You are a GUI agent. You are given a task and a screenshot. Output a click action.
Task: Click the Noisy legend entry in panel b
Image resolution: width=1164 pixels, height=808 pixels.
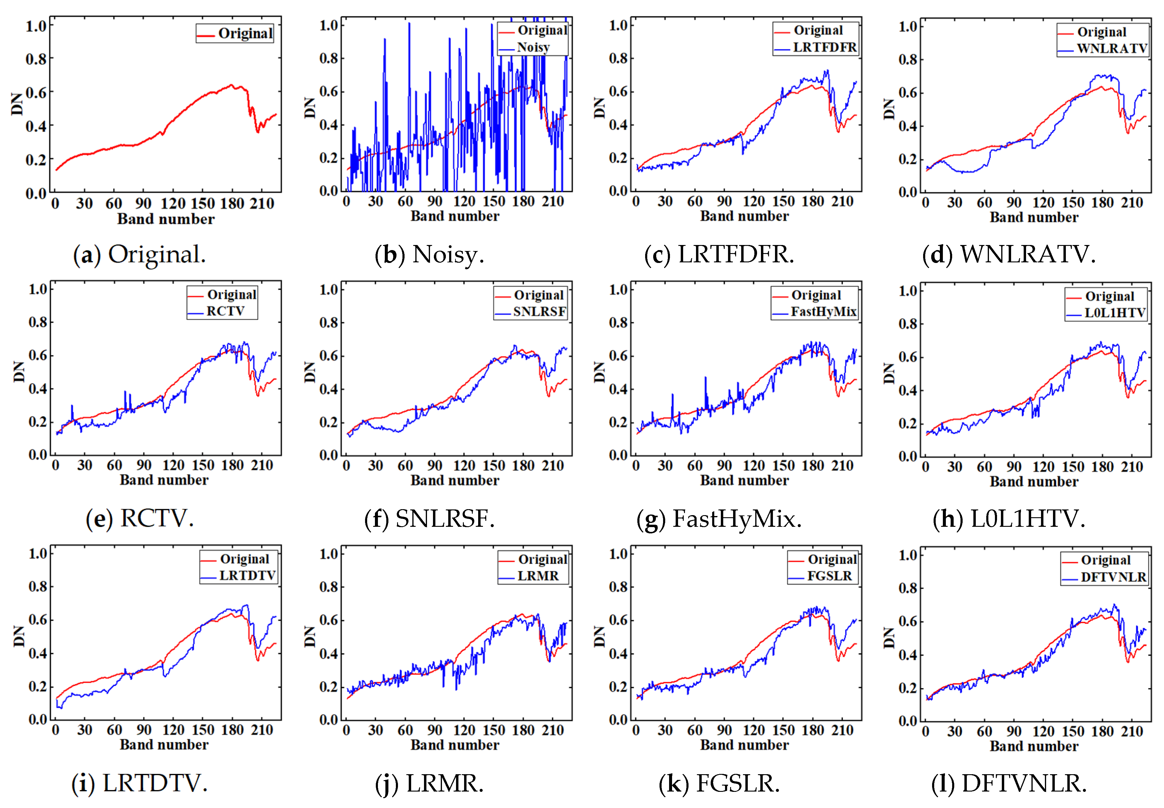coord(533,47)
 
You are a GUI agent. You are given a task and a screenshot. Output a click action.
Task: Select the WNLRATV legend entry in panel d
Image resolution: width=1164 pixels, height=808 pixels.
coord(1111,48)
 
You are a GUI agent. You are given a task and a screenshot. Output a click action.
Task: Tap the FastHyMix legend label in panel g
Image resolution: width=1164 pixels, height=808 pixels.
coord(823,311)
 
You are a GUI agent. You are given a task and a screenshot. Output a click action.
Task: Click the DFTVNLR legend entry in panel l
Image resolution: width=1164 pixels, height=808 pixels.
coord(1113,577)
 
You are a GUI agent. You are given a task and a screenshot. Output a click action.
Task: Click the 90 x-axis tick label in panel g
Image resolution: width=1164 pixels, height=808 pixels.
coord(724,466)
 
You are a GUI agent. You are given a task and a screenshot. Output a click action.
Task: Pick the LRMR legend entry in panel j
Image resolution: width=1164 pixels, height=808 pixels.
coord(538,576)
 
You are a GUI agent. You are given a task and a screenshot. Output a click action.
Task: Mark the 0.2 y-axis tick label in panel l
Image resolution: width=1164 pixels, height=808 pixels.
coord(907,688)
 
